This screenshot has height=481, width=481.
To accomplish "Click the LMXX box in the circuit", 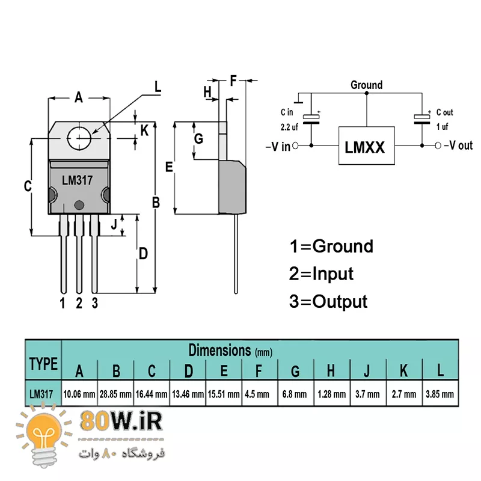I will click(x=365, y=146).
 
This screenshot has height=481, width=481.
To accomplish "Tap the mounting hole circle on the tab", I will click(x=79, y=138).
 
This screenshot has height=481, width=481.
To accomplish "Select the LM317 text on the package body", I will click(x=77, y=180).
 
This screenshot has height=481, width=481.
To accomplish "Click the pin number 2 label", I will click(x=79, y=303).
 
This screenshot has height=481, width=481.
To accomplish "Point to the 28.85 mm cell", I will click(x=115, y=394).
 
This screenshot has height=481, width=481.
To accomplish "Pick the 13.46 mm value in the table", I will click(x=188, y=394).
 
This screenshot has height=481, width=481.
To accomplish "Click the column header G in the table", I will click(x=295, y=371).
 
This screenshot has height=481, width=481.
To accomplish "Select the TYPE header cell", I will click(x=43, y=363).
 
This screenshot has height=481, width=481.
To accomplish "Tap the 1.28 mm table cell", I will click(x=331, y=394).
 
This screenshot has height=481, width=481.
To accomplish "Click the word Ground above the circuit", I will click(x=366, y=85).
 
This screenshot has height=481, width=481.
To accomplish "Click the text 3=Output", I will click(x=328, y=301).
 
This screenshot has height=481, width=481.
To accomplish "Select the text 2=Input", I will click(x=321, y=274).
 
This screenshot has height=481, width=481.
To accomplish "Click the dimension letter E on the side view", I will click(x=170, y=167).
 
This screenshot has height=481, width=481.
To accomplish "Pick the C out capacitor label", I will click(x=444, y=112).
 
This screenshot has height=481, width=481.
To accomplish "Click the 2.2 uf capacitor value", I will click(x=289, y=127).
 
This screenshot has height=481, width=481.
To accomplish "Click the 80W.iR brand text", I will click(x=120, y=421).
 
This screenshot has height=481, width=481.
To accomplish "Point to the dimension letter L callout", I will click(x=158, y=87).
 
